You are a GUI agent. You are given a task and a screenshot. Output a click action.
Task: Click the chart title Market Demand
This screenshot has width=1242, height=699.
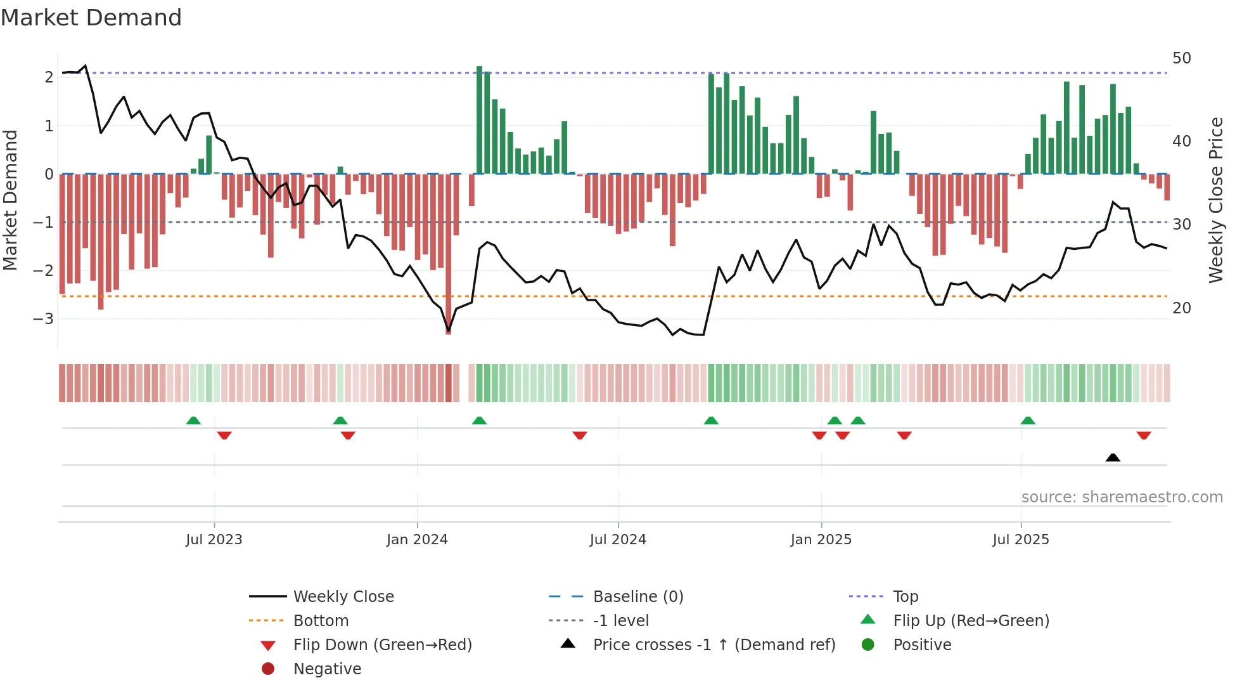(91, 18)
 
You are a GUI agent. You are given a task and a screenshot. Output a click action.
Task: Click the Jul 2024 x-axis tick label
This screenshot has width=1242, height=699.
(618, 540)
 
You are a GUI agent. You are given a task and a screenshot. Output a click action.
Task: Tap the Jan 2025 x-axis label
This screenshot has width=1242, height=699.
(821, 540)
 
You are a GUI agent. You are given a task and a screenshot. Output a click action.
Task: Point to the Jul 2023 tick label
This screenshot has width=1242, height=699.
(214, 540)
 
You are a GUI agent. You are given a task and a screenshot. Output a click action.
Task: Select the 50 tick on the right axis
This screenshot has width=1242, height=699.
(1181, 58)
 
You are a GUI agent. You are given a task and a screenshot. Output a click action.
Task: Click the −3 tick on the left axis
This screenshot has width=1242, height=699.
(43, 318)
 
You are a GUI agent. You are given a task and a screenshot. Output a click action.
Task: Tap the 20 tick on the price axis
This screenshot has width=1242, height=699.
(1181, 308)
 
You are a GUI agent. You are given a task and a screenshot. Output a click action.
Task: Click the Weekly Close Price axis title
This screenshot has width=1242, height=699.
(1215, 200)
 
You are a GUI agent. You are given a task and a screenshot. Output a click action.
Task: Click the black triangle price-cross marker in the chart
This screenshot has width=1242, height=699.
(1113, 457)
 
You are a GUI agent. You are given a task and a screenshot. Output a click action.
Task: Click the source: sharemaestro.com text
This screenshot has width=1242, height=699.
(1122, 497)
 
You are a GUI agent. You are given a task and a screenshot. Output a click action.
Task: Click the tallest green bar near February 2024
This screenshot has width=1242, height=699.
(479, 121)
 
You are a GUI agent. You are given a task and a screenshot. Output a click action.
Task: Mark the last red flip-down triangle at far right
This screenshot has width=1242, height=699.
(1143, 436)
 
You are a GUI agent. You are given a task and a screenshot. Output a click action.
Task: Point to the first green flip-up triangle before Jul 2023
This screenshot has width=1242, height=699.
(193, 421)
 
